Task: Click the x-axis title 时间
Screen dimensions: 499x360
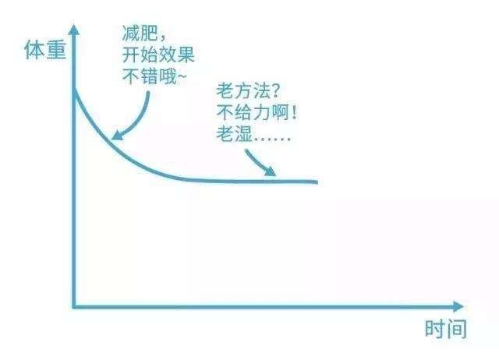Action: [x=445, y=329]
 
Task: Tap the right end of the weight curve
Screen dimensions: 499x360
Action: [x=317, y=182]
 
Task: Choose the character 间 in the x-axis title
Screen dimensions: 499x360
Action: [x=456, y=329]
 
